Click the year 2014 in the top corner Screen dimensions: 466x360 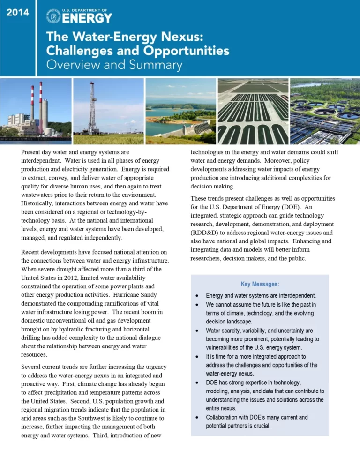(18, 13)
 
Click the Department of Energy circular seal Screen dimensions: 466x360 (53, 16)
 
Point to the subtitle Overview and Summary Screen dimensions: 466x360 (114, 65)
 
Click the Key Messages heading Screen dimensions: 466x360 (260, 284)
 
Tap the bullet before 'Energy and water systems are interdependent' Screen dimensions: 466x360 (197, 296)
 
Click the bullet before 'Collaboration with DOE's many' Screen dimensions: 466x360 (197, 417)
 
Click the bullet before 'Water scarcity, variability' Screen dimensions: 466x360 (197, 331)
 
